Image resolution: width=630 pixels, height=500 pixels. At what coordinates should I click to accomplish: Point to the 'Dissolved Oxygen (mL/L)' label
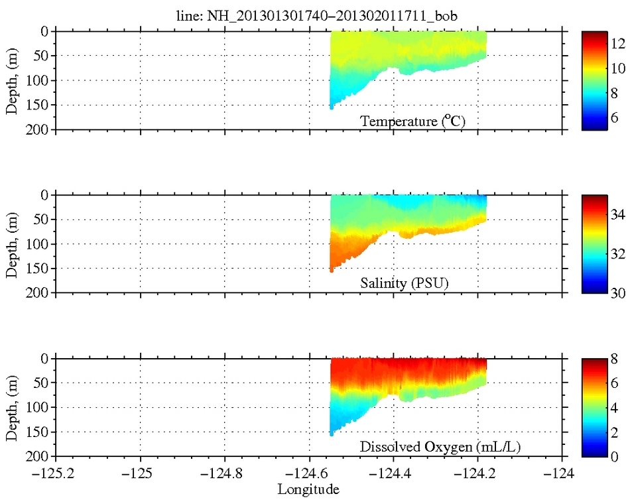coord(440,448)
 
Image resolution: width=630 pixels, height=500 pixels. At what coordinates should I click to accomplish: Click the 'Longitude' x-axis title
coord(308,490)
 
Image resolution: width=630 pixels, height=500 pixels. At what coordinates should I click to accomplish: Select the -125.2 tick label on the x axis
coord(56,475)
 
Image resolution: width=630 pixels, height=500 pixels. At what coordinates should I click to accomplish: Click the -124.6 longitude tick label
coord(309,475)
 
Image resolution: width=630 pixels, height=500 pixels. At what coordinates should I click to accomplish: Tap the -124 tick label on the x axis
coord(562,475)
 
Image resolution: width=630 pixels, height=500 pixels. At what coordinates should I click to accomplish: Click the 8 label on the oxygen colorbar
coord(614,359)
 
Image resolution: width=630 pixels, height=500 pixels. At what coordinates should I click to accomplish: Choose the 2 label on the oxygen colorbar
coord(614,432)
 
